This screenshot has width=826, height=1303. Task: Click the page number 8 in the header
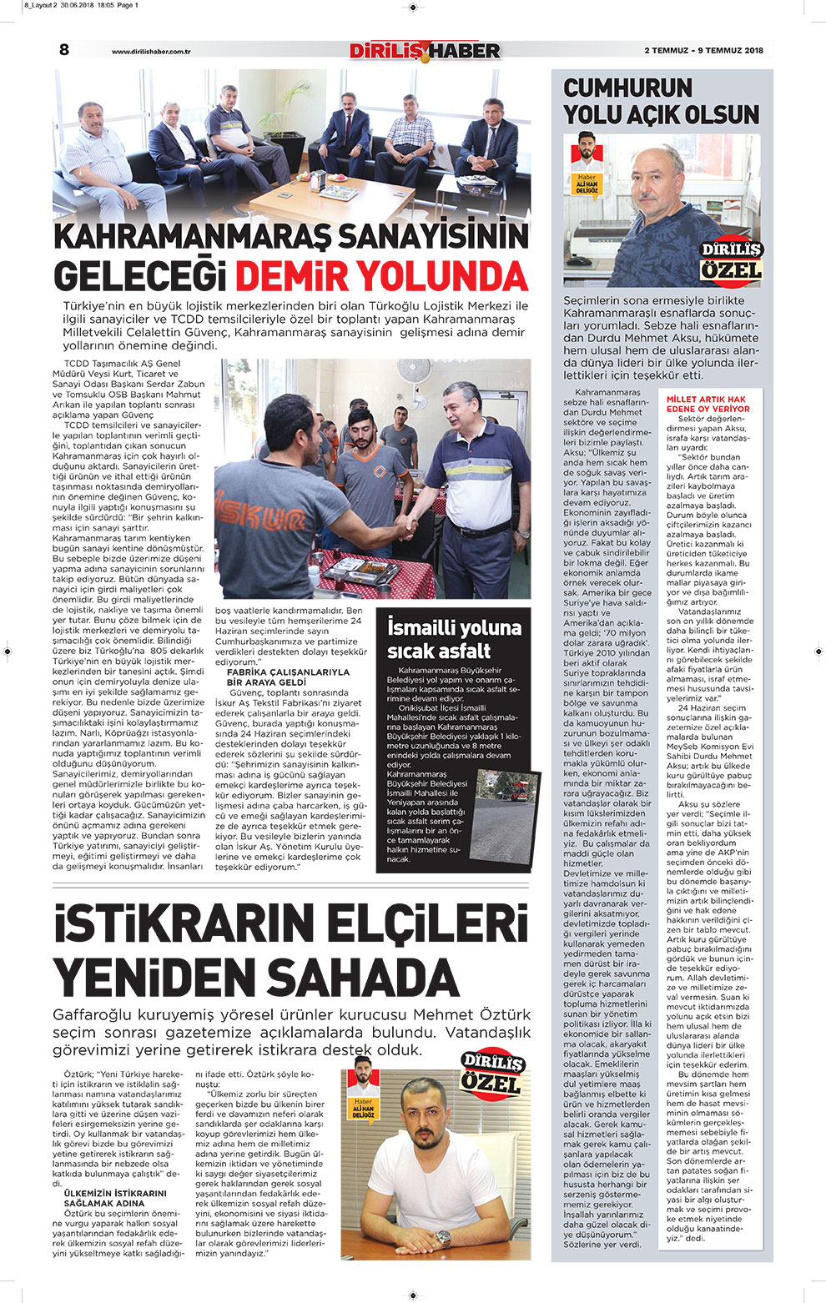pyautogui.click(x=64, y=50)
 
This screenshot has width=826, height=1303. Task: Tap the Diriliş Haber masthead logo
pyautogui.click(x=425, y=51)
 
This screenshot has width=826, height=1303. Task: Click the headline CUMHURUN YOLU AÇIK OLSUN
pyautogui.click(x=661, y=101)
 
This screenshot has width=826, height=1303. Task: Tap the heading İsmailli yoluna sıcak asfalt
pyautogui.click(x=454, y=639)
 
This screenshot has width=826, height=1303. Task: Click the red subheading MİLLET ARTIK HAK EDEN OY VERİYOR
pyautogui.click(x=708, y=405)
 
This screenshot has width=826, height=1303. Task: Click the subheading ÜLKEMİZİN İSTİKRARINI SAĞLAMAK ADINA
pyautogui.click(x=115, y=1199)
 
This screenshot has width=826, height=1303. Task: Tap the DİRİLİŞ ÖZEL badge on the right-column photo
pyautogui.click(x=731, y=260)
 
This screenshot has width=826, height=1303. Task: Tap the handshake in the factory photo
pyautogui.click(x=406, y=526)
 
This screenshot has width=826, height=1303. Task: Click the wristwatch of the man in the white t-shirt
pyautogui.click(x=443, y=1236)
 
